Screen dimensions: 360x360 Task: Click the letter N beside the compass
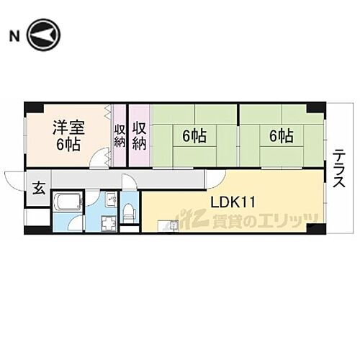[x=13, y=34]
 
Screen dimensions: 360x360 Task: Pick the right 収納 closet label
[x=139, y=135]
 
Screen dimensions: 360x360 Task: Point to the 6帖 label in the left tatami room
[x=191, y=135]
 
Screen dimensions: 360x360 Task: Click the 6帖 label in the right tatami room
[x=281, y=135]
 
